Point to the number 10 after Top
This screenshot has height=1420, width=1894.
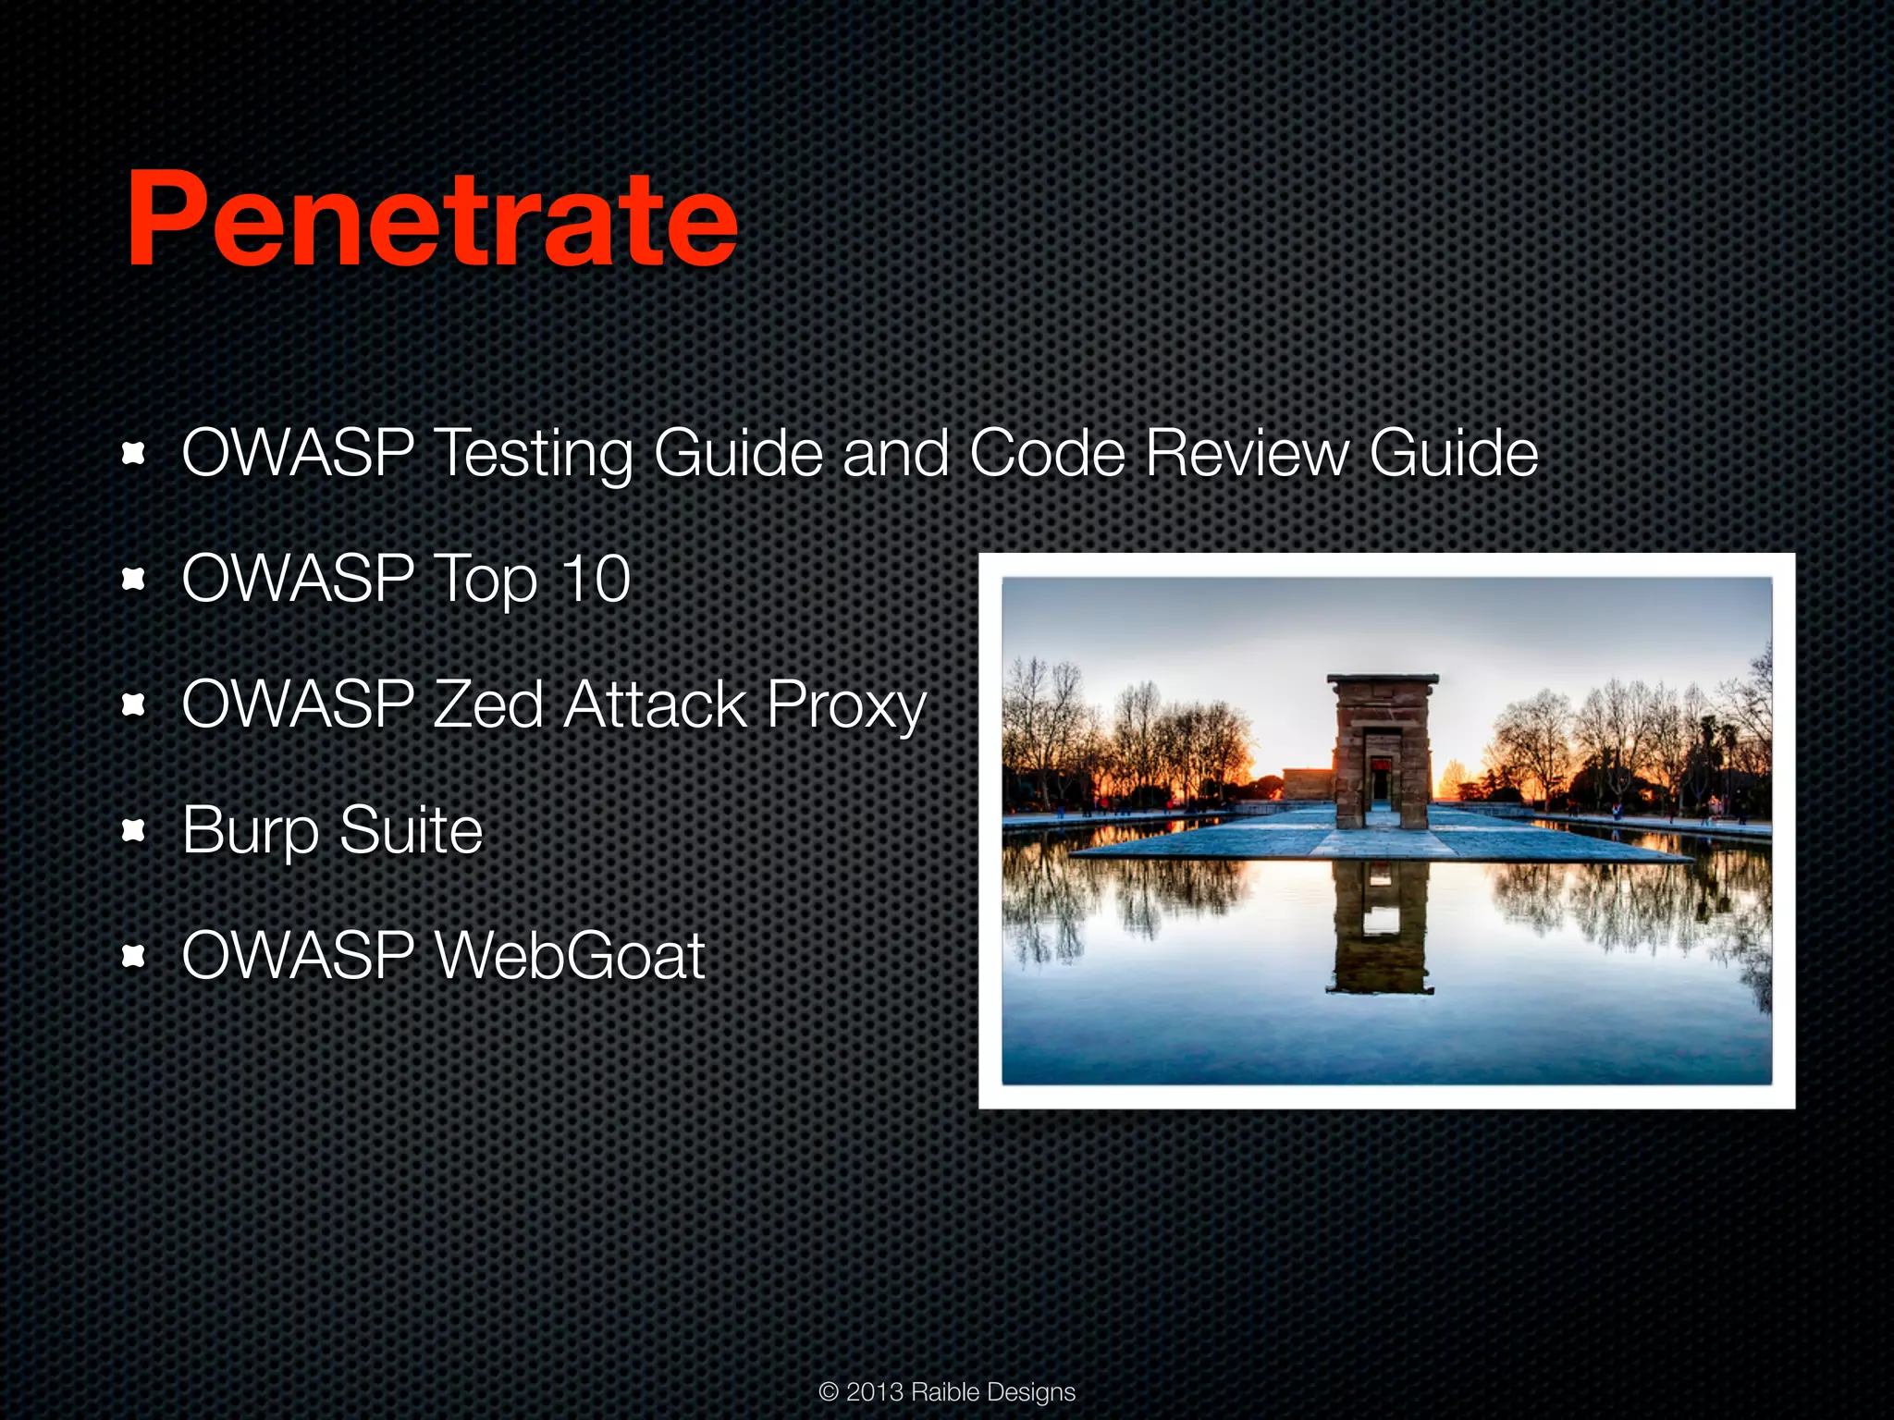596,580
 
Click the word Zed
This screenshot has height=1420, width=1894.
487,704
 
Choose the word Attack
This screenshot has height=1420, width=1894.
655,704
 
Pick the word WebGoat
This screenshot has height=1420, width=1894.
570,955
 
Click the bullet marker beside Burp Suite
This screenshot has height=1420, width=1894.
134,830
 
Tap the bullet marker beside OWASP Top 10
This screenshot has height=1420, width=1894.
134,579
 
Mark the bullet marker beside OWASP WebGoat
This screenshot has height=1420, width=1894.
134,956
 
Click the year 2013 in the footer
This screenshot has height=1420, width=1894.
874,1392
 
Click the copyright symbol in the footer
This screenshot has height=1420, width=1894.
829,1392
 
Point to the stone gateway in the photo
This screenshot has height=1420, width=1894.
1382,751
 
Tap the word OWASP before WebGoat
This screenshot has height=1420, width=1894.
298,955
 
